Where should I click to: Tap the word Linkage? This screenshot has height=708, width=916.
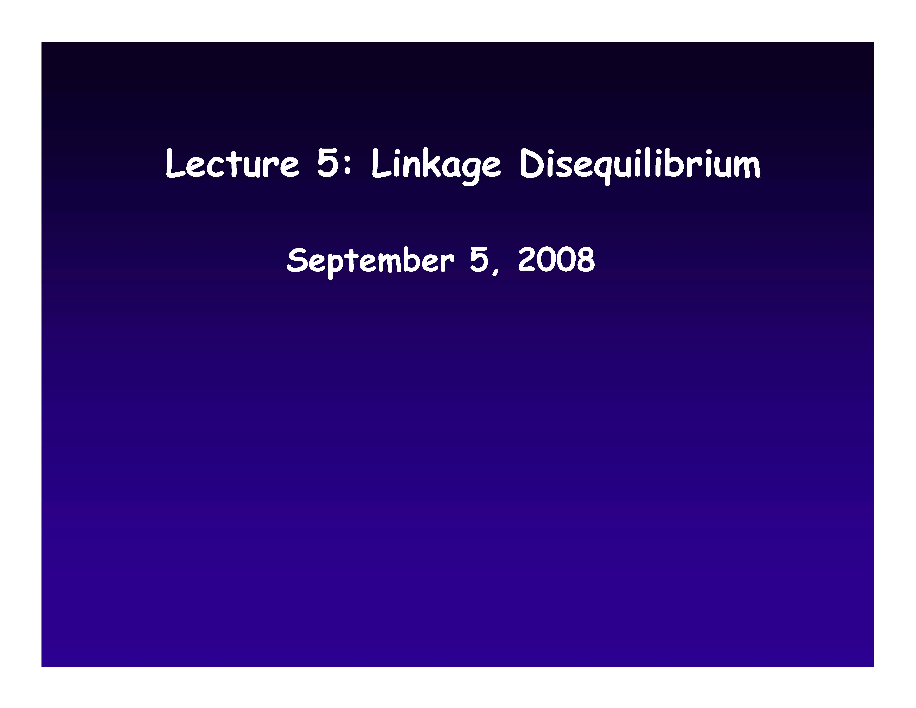pos(436,166)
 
